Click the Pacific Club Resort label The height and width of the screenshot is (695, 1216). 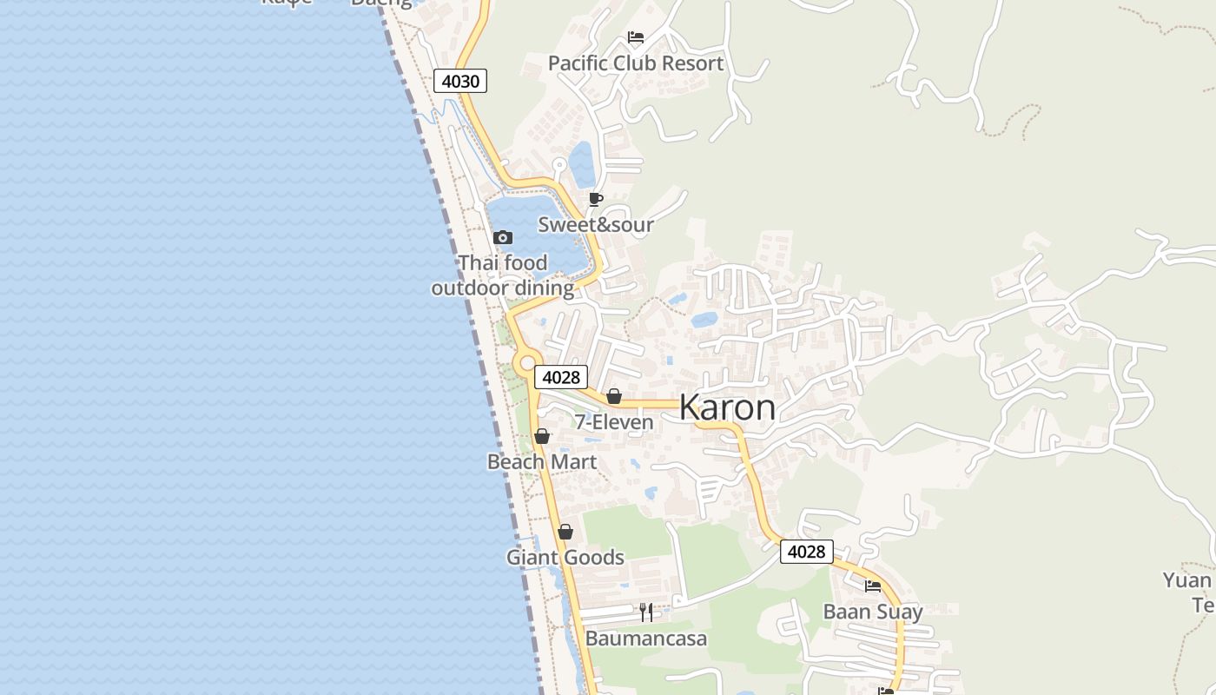[635, 63]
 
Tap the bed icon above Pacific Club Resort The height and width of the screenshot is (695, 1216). [636, 37]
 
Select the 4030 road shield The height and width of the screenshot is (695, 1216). [459, 81]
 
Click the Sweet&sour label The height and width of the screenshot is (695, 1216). [595, 224]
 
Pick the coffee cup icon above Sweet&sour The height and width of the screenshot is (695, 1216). [595, 199]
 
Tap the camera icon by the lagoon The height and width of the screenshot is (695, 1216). [502, 237]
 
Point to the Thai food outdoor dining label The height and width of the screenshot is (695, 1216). [503, 275]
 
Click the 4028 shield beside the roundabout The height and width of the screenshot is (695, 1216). [560, 377]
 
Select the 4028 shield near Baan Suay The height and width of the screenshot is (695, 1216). [806, 552]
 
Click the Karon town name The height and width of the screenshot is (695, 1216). [727, 407]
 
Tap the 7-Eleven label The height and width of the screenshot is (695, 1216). [614, 422]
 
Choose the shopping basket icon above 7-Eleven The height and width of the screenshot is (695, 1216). [614, 396]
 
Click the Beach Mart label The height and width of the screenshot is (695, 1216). [542, 461]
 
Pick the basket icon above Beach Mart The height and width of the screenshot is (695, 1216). [542, 436]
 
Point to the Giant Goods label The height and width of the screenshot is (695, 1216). [565, 557]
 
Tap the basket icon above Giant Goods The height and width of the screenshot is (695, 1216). [565, 532]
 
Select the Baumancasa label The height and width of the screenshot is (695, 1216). [646, 639]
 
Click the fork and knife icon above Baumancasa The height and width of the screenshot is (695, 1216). [646, 612]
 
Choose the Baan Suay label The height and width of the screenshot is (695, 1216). [873, 612]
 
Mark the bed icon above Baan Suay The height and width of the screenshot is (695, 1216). [873, 586]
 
